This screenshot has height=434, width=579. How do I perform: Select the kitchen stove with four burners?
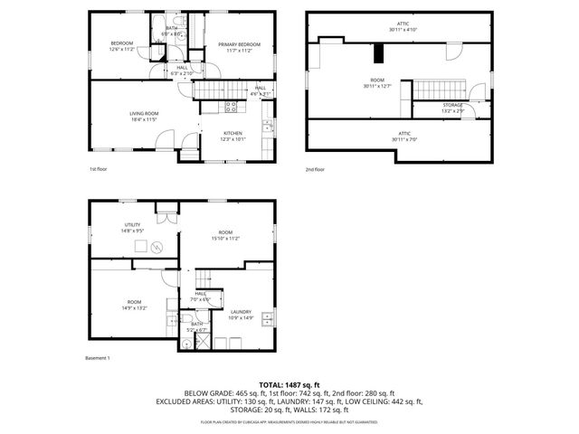point(231,107)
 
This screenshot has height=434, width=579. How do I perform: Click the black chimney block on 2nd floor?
point(377,53)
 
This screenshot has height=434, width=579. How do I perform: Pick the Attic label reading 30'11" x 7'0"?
point(402,136)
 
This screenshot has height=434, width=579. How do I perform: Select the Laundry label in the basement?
point(240,312)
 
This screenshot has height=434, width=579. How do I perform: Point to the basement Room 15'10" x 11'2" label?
point(224,234)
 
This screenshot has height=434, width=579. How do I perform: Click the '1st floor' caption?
point(99,169)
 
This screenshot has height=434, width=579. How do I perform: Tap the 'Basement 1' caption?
point(97,359)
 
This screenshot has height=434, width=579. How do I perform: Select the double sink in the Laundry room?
point(266,318)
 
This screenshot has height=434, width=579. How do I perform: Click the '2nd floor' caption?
point(316,169)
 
